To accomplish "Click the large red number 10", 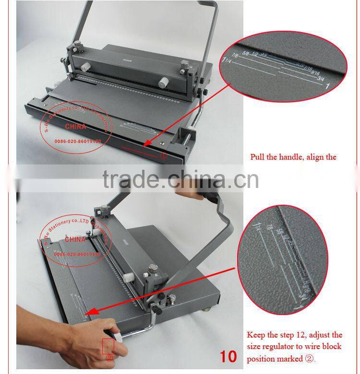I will click(x=228, y=357).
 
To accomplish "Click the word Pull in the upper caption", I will click(x=259, y=157).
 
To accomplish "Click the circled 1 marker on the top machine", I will click(x=164, y=155).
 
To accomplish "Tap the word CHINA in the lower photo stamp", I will click(x=75, y=238).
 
